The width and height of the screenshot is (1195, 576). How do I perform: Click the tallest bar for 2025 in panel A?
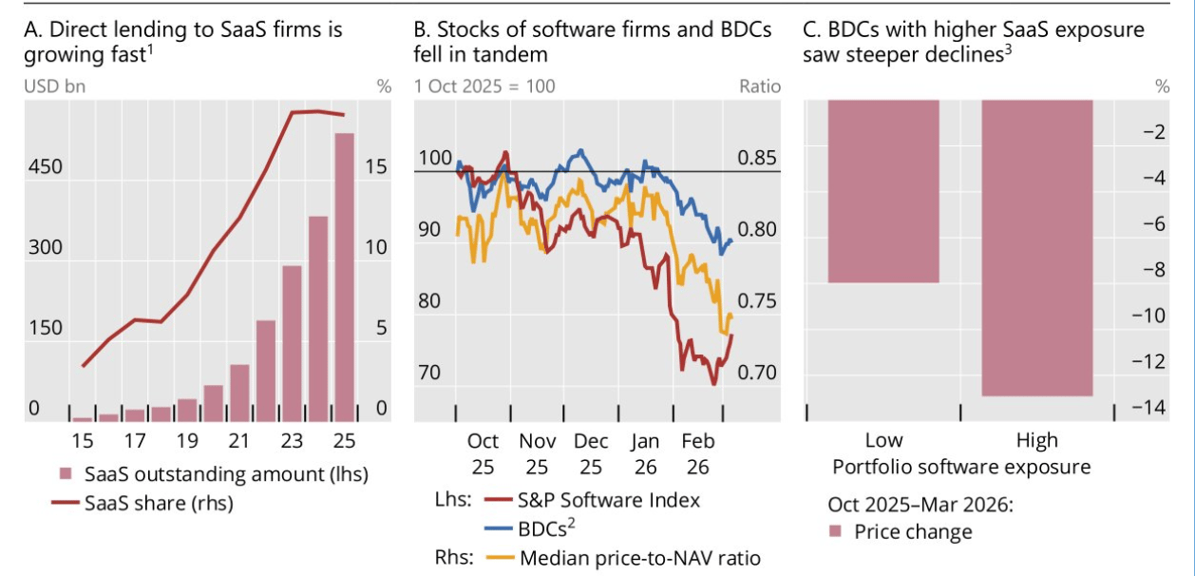point(344,276)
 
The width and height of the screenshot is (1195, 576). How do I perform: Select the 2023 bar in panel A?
point(292,342)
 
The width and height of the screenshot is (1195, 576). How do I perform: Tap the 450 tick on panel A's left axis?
point(45,167)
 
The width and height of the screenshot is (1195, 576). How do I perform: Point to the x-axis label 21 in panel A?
point(238,441)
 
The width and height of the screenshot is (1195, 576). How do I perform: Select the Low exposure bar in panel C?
point(883,190)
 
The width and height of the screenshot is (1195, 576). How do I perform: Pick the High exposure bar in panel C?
point(1037,247)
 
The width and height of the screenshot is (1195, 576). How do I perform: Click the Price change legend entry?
point(913,531)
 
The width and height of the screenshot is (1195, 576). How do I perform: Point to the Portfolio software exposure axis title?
point(961,467)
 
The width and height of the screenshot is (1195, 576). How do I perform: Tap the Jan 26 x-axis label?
point(644,453)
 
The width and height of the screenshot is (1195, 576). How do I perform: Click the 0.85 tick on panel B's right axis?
point(757,158)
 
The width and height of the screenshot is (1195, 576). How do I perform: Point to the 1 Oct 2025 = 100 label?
point(484,86)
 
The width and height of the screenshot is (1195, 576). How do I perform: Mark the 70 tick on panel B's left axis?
point(429,373)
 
